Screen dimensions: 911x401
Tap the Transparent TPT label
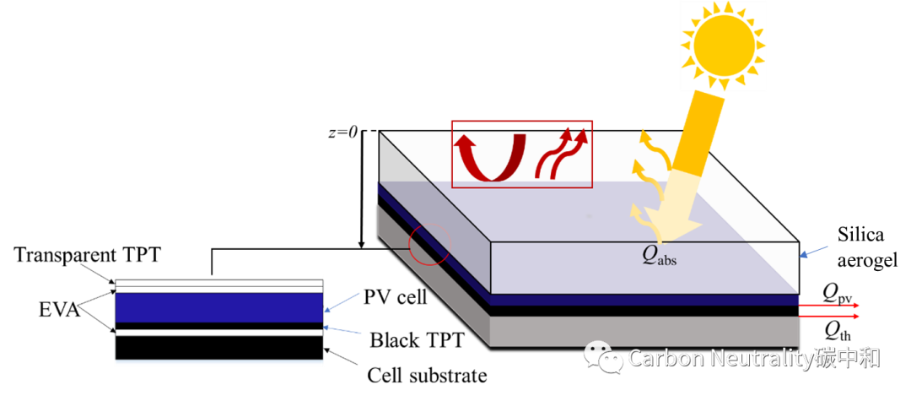point(87,255)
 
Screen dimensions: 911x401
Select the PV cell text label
point(395,297)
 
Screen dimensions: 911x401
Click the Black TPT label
point(418,339)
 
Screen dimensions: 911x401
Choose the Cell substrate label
point(427,376)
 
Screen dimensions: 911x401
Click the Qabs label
point(660,257)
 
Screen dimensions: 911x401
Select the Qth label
point(838,331)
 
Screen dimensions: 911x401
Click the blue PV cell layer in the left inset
point(219,307)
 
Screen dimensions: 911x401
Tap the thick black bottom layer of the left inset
point(219,348)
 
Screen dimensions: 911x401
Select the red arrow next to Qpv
point(828,305)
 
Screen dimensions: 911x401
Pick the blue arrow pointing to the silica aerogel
point(815,251)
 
